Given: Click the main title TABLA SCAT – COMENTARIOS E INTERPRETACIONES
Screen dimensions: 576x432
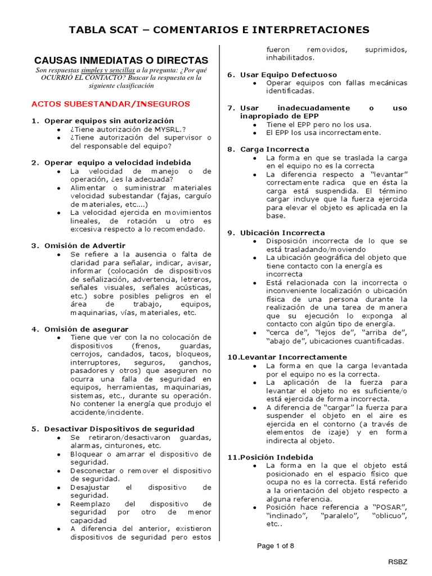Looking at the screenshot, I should point(219,29).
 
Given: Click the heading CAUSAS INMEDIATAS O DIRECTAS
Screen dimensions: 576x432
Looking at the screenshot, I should point(121,60).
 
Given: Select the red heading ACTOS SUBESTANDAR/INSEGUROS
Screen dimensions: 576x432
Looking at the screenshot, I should point(111,104).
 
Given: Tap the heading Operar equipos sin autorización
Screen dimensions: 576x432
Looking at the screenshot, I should point(109,121).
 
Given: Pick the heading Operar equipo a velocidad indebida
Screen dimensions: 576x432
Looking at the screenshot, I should point(117,163).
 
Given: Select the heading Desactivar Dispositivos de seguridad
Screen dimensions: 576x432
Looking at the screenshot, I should point(119,429).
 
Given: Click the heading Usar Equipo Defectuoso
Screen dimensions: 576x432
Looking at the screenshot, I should point(289,74).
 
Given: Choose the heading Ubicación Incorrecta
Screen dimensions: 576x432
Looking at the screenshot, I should point(282,232).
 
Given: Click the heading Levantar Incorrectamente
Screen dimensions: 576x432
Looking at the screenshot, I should point(291,357).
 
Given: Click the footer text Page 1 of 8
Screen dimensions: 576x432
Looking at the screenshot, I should point(276,546).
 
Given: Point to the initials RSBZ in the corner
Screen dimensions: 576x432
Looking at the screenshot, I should point(415,562).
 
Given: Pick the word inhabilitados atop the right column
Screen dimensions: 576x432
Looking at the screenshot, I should point(291,58).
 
